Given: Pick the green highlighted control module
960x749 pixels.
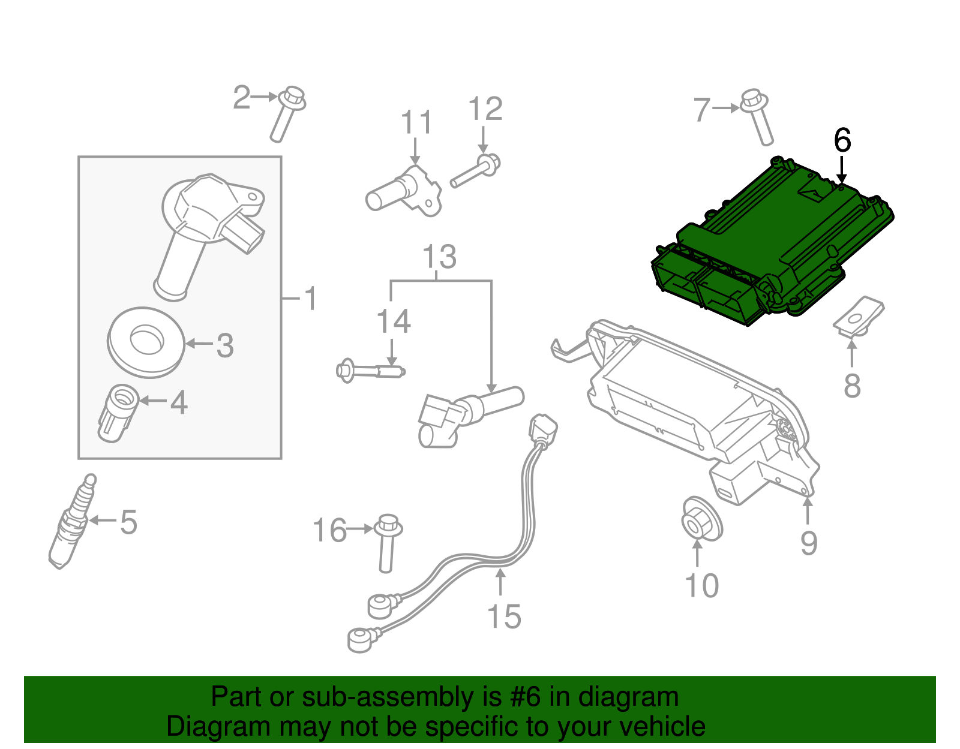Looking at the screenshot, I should point(774,240).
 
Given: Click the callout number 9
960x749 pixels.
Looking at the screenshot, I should point(809,543).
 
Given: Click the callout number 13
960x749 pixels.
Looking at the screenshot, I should point(439,257).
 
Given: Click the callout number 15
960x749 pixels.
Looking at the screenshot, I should point(504,616).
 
